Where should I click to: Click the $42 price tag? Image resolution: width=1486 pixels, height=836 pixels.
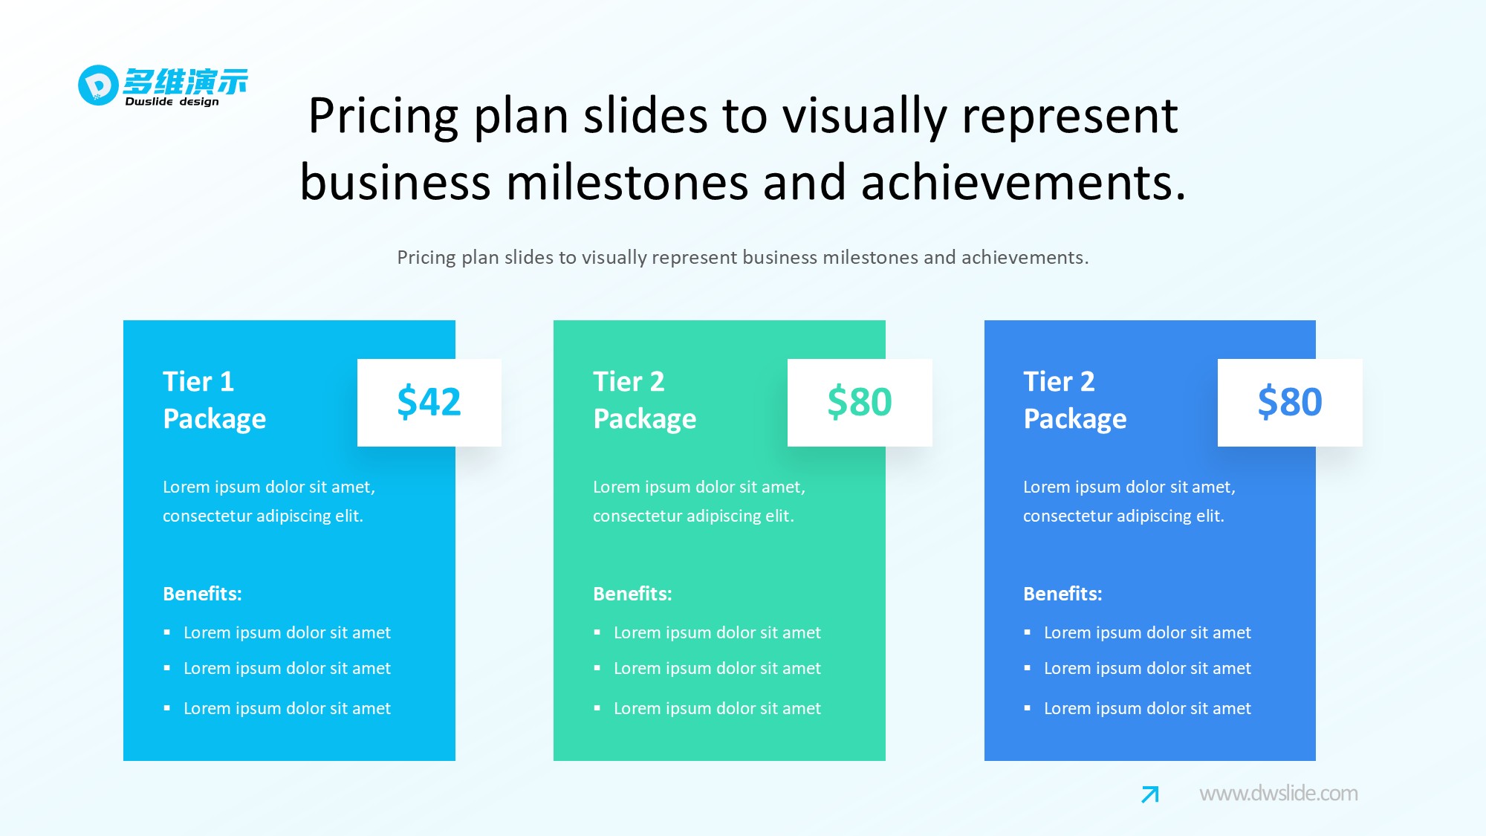point(429,402)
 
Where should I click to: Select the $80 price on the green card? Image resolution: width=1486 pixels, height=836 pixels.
point(860,402)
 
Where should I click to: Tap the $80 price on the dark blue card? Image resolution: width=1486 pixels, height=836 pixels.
point(1290,402)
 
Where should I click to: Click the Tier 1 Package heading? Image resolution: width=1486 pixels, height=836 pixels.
point(214,400)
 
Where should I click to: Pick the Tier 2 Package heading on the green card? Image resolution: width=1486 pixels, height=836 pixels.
point(644,400)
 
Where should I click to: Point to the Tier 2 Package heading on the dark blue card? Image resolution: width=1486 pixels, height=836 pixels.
point(1074,400)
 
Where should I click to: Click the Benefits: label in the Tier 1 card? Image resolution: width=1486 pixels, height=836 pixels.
point(202,594)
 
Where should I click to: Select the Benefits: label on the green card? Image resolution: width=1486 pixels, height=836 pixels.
point(632,594)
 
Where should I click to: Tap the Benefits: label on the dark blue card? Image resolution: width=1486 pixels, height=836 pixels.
point(1062,594)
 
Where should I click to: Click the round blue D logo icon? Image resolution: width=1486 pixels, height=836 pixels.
point(98,85)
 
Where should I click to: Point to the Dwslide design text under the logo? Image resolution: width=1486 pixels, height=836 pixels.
point(172,102)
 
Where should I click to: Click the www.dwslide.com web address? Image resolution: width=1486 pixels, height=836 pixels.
point(1279,794)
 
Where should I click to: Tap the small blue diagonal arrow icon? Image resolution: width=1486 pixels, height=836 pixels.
point(1150,794)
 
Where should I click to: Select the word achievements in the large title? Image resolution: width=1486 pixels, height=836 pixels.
point(1023,183)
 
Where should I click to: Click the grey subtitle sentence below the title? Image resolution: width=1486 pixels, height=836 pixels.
point(743,258)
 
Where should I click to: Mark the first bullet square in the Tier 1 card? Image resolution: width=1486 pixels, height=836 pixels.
point(167,632)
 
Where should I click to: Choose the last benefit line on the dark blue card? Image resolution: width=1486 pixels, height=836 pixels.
point(1147,708)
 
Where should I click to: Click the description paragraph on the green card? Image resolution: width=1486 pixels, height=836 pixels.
point(699,502)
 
